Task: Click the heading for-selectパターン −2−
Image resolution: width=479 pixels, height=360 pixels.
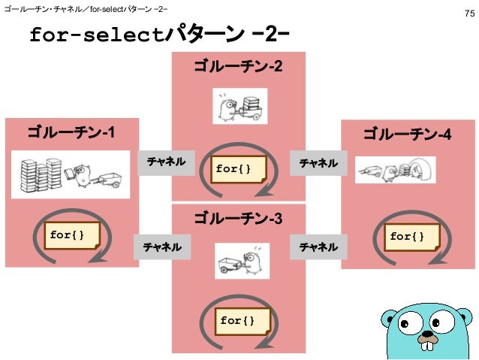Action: click(159, 35)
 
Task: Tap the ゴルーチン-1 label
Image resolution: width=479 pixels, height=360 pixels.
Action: click(71, 134)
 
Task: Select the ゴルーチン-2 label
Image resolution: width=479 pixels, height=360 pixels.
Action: click(238, 68)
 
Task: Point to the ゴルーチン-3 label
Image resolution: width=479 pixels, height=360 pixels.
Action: click(238, 219)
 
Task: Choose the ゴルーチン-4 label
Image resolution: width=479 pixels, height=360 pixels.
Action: click(408, 134)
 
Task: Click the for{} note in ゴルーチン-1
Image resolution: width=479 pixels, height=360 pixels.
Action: click(65, 235)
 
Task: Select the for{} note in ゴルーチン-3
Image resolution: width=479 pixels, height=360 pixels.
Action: click(236, 321)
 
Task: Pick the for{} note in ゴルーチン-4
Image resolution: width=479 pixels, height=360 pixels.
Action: click(406, 237)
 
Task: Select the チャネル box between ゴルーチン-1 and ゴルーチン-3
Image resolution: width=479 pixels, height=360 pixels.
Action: click(163, 246)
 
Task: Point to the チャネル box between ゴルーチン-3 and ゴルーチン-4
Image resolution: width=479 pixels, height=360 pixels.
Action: click(318, 246)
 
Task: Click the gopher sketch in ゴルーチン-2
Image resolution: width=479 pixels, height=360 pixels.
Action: click(239, 107)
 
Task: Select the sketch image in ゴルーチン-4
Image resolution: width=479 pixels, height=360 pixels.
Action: click(395, 171)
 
